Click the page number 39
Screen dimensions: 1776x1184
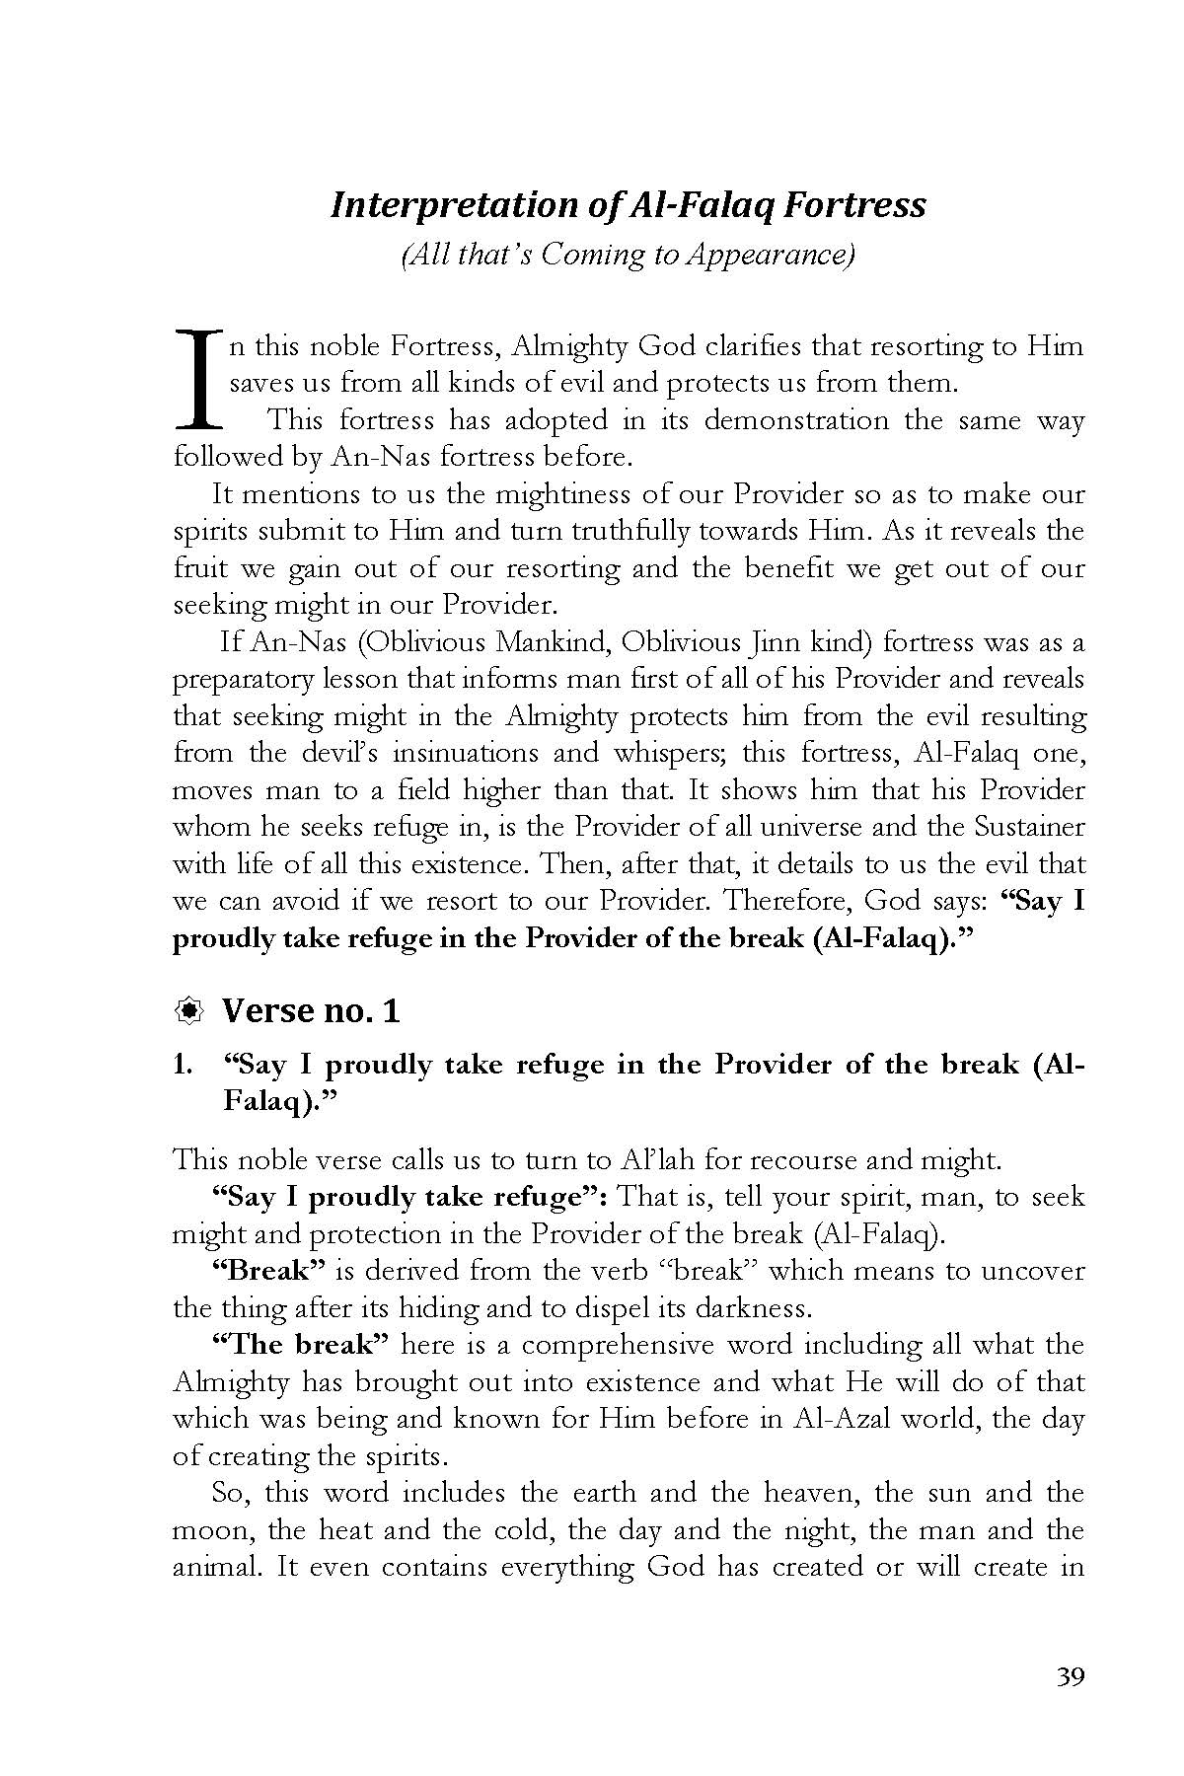[1070, 1676]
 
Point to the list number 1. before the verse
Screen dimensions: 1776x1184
[183, 1065]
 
